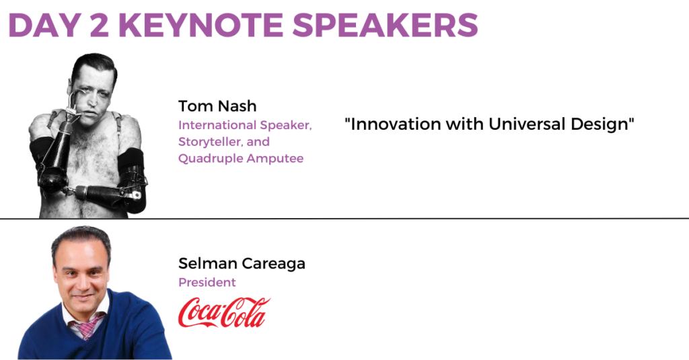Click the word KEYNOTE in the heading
tap(201, 25)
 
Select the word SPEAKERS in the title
tap(385, 25)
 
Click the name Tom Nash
tap(217, 106)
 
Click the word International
tap(217, 125)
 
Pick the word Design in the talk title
tap(600, 124)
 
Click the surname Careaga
tap(273, 264)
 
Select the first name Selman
tap(208, 263)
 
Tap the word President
tap(207, 282)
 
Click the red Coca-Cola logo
tap(224, 312)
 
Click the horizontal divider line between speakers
tap(344, 218)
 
